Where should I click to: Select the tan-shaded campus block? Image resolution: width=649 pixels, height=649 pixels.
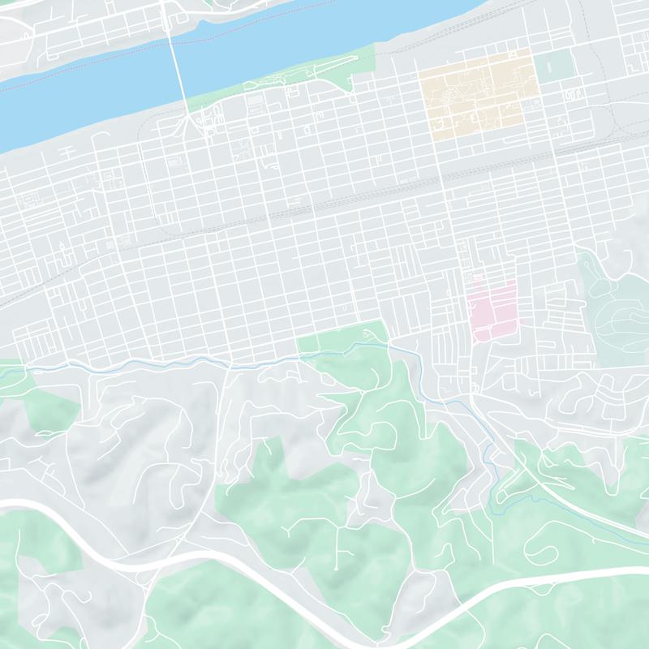(479, 93)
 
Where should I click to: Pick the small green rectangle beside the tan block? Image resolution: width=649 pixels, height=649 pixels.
(554, 65)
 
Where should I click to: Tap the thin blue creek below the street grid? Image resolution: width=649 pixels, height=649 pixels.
(162, 361)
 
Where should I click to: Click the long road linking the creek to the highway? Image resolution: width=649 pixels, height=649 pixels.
(219, 454)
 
